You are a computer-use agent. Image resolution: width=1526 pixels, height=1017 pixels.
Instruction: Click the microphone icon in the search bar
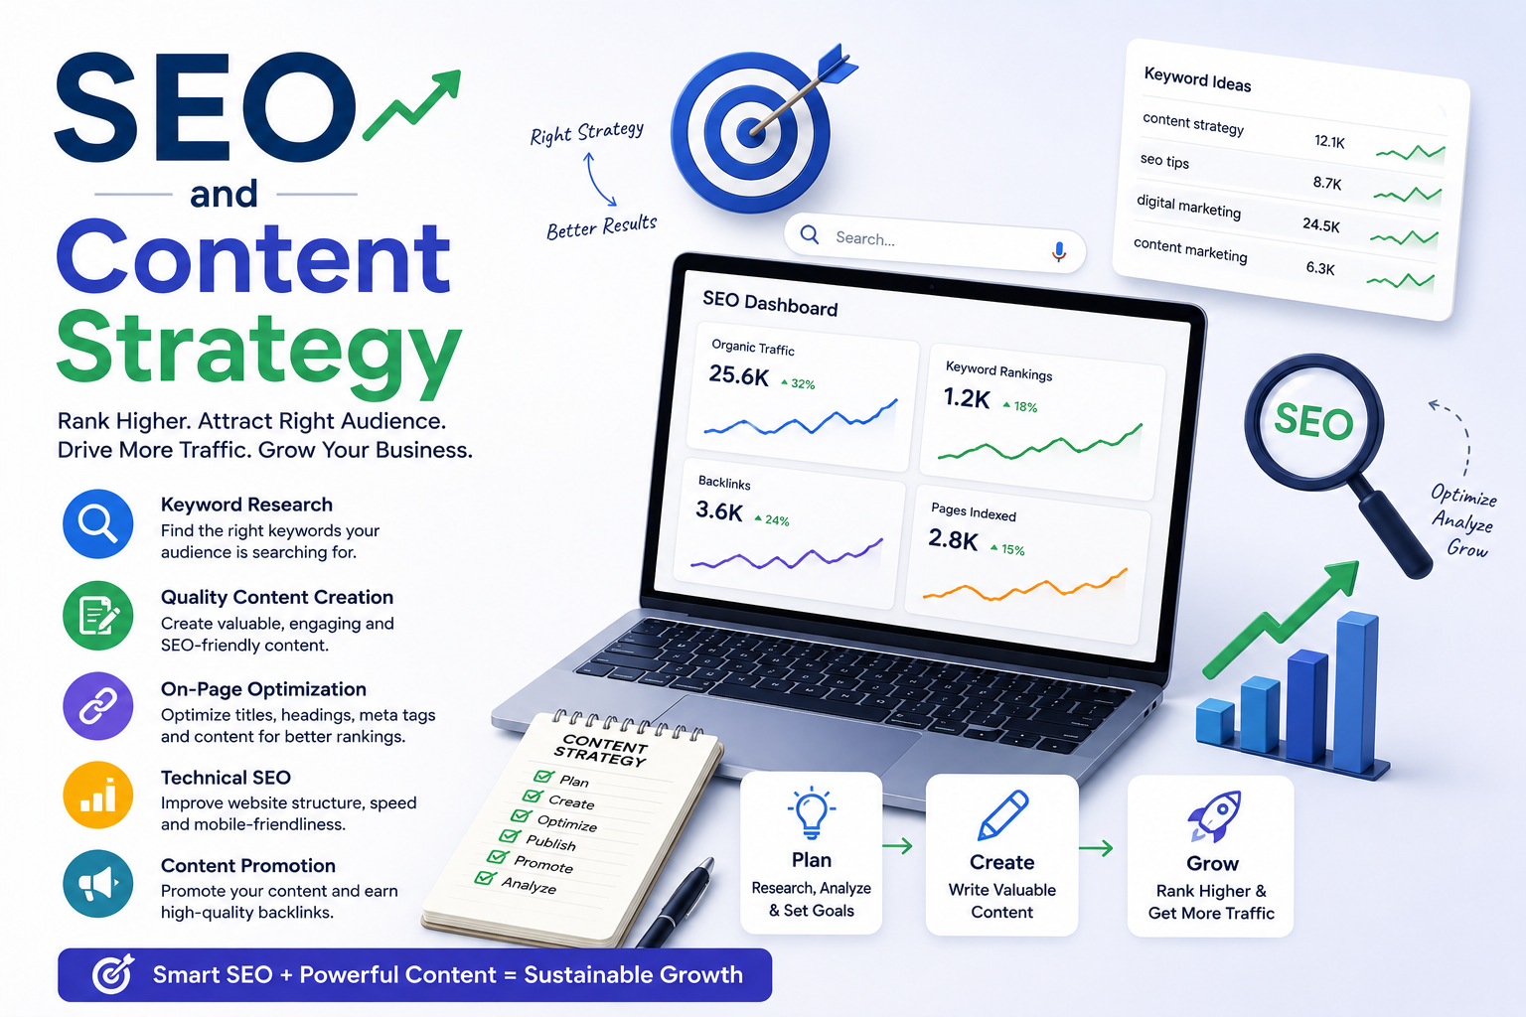point(1059,252)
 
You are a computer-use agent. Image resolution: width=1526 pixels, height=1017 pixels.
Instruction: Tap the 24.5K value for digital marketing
point(1321,224)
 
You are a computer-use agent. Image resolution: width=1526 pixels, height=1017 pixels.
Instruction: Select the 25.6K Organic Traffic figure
point(738,375)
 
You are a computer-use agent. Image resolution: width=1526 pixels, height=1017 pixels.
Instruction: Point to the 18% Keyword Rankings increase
point(1020,406)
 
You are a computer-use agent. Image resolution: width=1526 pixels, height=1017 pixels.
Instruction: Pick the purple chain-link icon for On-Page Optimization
point(98,706)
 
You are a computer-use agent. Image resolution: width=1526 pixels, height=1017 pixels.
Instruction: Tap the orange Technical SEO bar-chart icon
point(98,795)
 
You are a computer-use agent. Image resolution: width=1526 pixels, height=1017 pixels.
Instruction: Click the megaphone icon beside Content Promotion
point(98,884)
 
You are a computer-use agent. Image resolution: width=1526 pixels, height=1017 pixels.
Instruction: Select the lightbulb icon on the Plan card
point(811,812)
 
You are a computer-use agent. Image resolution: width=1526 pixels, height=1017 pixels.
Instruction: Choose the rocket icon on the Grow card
point(1215,815)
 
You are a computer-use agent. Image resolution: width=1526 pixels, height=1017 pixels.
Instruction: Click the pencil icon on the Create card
point(1002,814)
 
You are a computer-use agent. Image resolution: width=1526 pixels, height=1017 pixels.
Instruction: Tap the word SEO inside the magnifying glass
point(1313,421)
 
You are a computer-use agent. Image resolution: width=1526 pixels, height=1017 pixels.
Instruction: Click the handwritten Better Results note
point(601,226)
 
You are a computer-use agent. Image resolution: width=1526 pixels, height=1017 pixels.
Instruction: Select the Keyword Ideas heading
point(1197,79)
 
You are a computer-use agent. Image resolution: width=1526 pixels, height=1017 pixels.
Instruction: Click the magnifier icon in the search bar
point(810,235)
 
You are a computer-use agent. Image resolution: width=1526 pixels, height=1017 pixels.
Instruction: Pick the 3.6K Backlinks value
point(718,510)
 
